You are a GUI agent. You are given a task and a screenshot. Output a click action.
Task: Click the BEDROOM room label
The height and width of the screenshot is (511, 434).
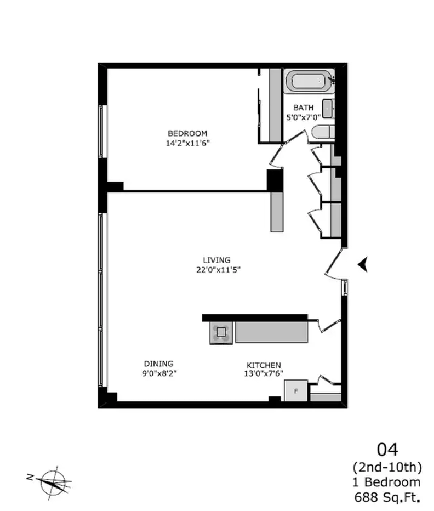(x=187, y=133)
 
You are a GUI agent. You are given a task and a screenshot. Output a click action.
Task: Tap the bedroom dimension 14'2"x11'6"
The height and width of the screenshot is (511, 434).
(x=187, y=143)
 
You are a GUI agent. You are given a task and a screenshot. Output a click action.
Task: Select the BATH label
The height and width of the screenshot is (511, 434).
(x=303, y=107)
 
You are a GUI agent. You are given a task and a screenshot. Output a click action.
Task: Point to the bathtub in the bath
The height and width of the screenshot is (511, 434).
(x=309, y=81)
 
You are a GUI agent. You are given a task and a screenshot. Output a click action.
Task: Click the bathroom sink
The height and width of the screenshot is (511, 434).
(x=328, y=109)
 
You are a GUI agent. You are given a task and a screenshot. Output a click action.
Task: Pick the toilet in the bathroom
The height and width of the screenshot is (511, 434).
(x=323, y=132)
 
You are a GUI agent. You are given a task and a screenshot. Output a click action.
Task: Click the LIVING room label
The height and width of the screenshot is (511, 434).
(x=216, y=260)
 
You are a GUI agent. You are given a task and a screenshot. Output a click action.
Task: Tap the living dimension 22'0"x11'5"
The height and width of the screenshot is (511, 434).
(x=218, y=270)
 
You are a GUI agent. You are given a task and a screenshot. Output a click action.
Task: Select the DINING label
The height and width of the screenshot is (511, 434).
(x=159, y=364)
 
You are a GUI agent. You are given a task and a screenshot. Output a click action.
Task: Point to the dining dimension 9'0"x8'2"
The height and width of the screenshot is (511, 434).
(x=159, y=373)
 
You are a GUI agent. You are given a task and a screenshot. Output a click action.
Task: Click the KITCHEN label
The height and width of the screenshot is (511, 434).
(x=264, y=365)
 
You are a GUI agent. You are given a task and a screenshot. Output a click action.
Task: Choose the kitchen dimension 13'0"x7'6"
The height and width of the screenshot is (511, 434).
(x=264, y=374)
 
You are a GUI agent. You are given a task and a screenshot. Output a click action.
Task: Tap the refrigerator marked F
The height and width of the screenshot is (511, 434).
(x=296, y=391)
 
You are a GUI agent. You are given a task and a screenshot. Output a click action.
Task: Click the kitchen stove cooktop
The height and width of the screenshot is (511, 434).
(x=221, y=332)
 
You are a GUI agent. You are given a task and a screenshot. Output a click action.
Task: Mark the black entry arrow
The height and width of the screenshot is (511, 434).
(x=363, y=264)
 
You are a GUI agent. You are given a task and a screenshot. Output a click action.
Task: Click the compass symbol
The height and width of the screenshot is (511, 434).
(x=52, y=483)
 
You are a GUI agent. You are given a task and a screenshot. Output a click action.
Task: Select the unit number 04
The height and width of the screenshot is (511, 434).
(x=387, y=450)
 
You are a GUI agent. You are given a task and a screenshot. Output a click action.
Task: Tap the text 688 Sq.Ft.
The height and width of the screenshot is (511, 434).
(x=387, y=498)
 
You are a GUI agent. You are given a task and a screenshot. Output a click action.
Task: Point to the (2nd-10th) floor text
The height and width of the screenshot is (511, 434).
(x=387, y=467)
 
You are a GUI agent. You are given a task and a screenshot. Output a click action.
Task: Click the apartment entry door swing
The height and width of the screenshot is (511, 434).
(x=335, y=264)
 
